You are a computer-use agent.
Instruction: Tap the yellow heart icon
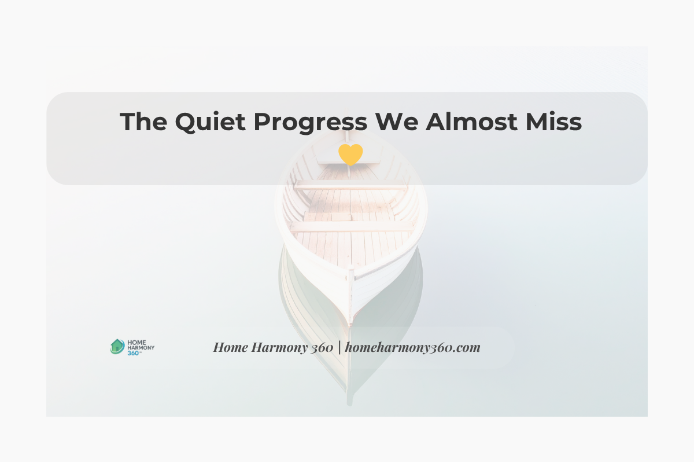coord(350,155)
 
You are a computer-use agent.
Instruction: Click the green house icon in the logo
coord(117,346)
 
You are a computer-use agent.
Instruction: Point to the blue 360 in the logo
coord(133,352)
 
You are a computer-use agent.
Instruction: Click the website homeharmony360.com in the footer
coord(413,347)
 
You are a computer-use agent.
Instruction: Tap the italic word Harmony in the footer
coord(273,347)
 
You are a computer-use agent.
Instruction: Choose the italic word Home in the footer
coord(229,347)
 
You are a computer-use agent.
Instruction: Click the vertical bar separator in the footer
coord(339,347)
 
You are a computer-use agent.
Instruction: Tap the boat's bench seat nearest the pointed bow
coord(352,226)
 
